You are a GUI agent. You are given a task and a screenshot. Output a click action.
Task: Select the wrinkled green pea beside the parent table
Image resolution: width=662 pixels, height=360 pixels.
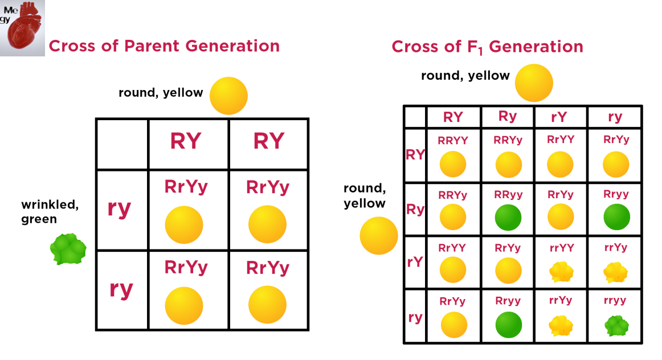[68, 249]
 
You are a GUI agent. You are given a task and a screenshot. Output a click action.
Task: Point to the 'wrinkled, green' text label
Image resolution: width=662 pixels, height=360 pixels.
[50, 211]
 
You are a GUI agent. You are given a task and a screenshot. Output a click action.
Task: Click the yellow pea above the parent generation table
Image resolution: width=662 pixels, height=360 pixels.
[228, 96]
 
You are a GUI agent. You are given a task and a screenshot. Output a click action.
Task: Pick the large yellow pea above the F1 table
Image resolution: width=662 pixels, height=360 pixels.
[534, 83]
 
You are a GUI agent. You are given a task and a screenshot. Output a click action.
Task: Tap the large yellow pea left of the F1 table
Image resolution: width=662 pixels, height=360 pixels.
[378, 236]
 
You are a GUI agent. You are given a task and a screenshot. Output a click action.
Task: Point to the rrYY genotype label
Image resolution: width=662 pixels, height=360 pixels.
[560, 247]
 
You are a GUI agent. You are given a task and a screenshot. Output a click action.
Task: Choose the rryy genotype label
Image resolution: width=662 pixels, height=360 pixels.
[615, 300]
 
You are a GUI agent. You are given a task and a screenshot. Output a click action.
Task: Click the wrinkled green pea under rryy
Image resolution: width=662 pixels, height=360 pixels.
[616, 325]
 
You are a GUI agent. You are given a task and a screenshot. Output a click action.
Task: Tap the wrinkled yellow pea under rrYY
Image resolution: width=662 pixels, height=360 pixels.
[561, 272]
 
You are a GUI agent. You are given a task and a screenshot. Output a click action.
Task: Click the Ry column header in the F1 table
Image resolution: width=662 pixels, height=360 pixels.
[508, 116]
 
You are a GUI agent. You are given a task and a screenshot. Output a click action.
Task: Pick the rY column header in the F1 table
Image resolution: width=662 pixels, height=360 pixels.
[560, 117]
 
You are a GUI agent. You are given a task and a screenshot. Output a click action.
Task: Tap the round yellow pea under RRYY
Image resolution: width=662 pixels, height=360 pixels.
[453, 165]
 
